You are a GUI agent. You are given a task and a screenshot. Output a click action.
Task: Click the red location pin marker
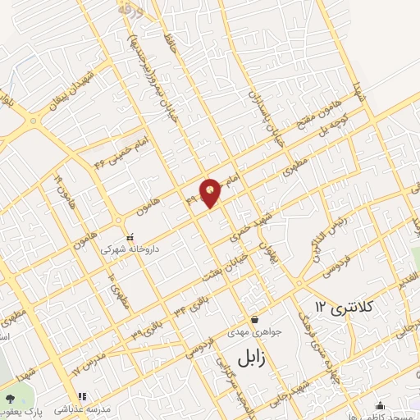click(211, 192)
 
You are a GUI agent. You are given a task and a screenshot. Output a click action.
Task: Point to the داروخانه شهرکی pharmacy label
click(130, 247)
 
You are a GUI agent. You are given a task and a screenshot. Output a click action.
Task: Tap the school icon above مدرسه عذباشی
click(81, 396)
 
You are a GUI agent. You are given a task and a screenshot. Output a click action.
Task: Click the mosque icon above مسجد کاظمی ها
click(380, 404)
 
